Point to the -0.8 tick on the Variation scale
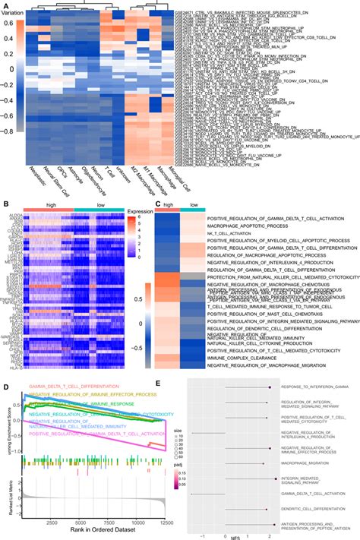tap(15, 131)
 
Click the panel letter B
tap(5, 203)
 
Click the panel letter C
tap(157, 203)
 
